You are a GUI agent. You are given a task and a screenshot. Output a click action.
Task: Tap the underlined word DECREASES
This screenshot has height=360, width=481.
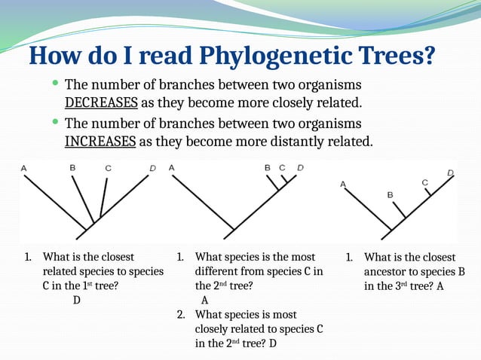[101, 102]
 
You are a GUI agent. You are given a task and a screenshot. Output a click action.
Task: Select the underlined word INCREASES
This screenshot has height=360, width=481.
[100, 142]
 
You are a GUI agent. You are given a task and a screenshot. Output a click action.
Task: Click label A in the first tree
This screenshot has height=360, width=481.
[24, 168]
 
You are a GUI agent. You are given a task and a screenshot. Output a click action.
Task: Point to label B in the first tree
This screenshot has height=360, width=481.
[72, 167]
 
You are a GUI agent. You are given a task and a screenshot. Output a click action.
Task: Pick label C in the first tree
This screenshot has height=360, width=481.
[109, 169]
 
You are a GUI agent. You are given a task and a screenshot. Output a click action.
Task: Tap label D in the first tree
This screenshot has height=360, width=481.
[152, 168]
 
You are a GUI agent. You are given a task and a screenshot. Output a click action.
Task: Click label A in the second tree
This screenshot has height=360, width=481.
[172, 167]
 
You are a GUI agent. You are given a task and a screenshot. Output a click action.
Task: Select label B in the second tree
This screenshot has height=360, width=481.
[268, 168]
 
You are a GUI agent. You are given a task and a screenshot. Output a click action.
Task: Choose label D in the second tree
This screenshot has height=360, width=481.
[300, 167]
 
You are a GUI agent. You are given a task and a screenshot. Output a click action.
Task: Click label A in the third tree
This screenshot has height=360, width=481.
[343, 184]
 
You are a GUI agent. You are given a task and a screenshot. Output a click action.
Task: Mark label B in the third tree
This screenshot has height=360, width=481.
[390, 194]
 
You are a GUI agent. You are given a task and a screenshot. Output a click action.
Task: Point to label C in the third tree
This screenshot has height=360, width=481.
[424, 182]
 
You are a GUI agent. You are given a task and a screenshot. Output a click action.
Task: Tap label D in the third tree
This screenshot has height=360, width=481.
[450, 173]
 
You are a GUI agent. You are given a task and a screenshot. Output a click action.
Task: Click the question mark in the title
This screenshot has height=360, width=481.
[430, 56]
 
